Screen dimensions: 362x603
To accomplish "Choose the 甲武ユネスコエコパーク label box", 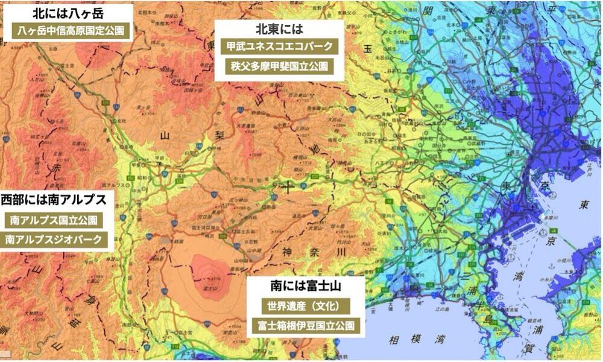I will point(278,46).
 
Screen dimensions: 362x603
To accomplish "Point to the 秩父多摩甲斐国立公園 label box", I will point(278,66).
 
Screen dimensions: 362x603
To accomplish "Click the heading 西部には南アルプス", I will point(54,200).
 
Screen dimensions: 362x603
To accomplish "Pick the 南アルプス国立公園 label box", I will point(54,220).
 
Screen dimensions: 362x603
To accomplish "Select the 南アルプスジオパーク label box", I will point(54,240).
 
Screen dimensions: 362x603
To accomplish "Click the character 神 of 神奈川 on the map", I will point(288,251).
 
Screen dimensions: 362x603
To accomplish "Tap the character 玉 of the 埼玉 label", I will point(367,50).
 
